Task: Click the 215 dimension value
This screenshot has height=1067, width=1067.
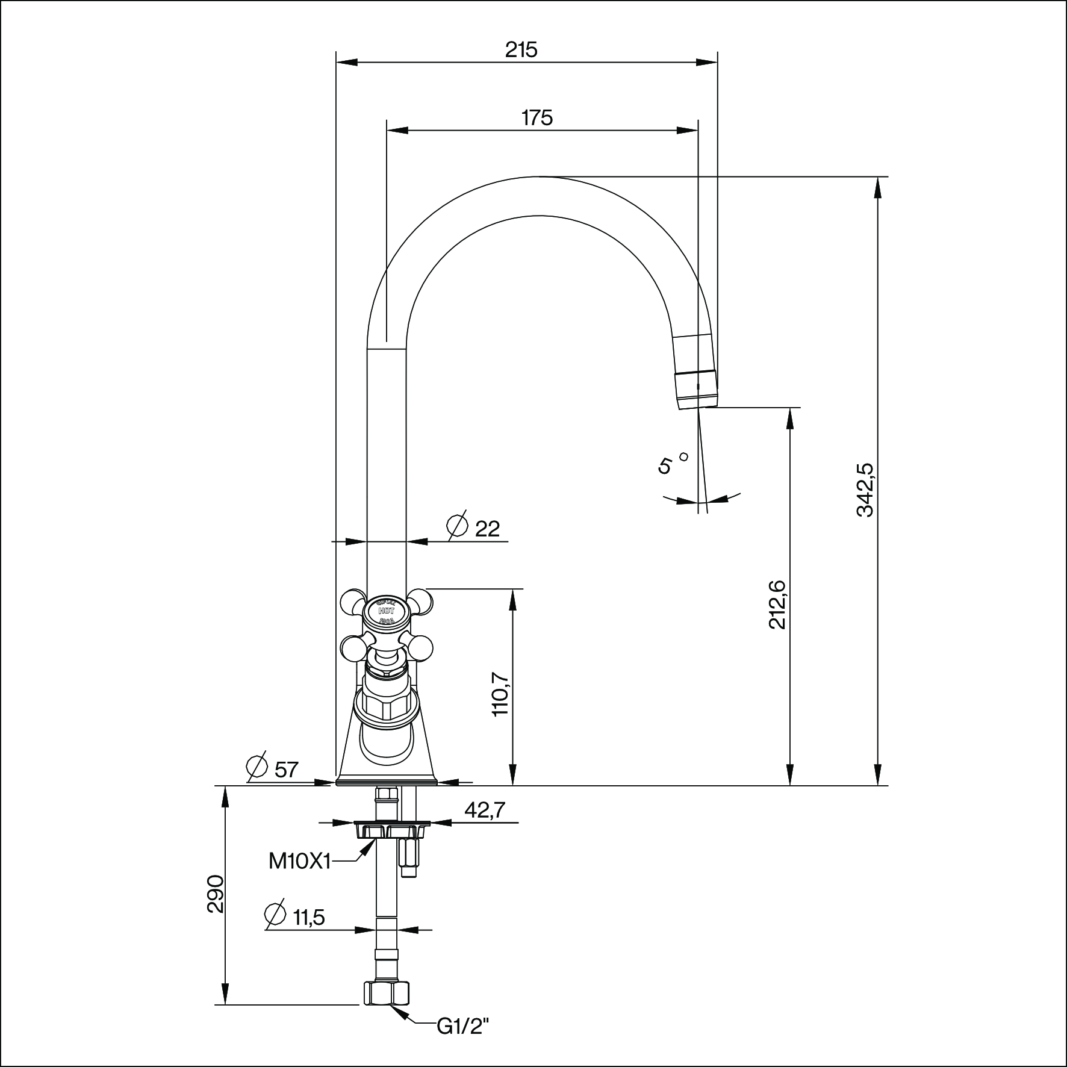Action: pyautogui.click(x=521, y=50)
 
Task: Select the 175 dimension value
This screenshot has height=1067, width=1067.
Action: pyautogui.click(x=537, y=118)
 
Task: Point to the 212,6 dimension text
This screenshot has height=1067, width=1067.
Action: pyautogui.click(x=777, y=604)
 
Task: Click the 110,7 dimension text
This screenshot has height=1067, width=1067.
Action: pyautogui.click(x=501, y=693)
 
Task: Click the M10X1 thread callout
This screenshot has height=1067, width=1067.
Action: pyautogui.click(x=299, y=862)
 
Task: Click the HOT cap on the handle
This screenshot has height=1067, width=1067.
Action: pyautogui.click(x=386, y=610)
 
